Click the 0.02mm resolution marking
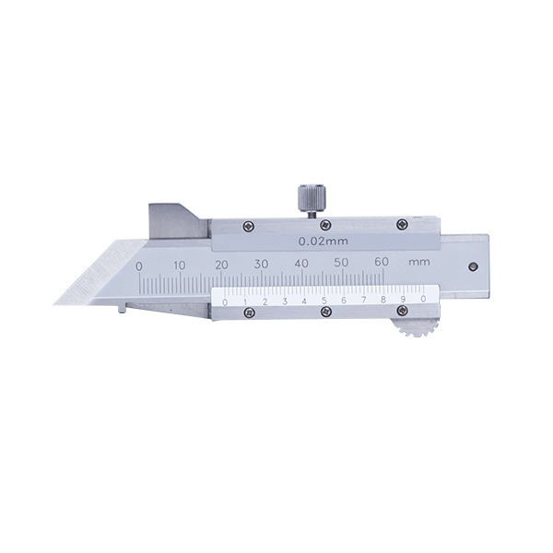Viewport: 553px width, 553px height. [324, 241]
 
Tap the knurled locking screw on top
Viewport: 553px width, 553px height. [312, 200]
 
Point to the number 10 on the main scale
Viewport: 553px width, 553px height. [180, 265]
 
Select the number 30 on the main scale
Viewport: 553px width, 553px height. [262, 264]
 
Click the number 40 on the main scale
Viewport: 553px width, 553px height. [301, 263]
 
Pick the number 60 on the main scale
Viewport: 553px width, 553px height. [382, 262]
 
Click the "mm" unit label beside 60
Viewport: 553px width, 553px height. [419, 263]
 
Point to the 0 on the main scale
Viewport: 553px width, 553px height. [139, 266]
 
